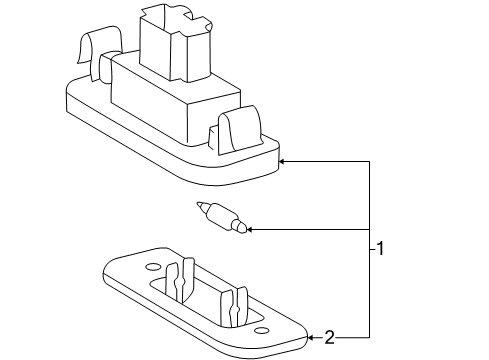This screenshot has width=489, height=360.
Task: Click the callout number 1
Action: (x=380, y=248)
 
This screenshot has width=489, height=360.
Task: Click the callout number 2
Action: (x=329, y=337)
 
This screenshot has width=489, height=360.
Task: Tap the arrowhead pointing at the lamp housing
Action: (x=281, y=162)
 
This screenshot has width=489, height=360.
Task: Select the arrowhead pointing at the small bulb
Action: (x=249, y=229)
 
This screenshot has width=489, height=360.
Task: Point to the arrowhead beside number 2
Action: (x=310, y=338)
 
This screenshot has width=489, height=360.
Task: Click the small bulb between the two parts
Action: (x=222, y=217)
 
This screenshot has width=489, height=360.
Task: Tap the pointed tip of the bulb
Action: (x=198, y=203)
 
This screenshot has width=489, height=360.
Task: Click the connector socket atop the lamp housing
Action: (x=176, y=43)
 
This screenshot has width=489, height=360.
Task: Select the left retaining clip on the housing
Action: (x=100, y=53)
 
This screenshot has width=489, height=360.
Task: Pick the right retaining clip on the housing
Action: (x=239, y=130)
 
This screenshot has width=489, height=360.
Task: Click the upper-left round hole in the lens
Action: (x=153, y=267)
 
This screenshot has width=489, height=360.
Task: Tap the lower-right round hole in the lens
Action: (x=261, y=331)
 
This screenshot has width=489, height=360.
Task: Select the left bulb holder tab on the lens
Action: (x=180, y=279)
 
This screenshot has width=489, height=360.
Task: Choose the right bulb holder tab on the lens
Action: (x=234, y=307)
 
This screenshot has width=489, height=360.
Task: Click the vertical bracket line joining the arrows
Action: (x=369, y=250)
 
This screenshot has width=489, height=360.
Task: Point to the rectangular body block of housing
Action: (x=176, y=100)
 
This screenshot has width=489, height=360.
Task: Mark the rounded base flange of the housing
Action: (x=173, y=147)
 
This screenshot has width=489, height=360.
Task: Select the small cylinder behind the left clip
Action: (x=106, y=67)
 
